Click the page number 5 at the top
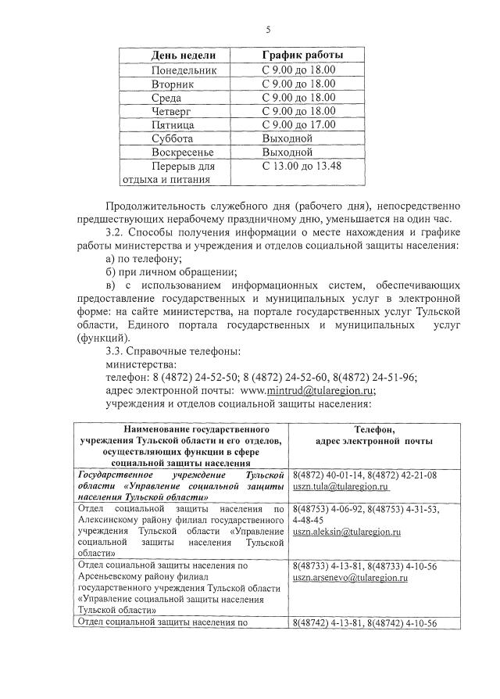(x=268, y=30)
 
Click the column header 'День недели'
(x=182, y=56)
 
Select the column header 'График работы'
(x=302, y=56)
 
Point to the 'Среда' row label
(x=166, y=98)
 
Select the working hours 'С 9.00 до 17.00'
(x=298, y=124)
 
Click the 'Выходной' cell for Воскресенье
(x=287, y=152)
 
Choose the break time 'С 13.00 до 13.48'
(x=302, y=166)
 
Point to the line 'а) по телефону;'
(x=143, y=259)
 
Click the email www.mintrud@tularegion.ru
(x=308, y=391)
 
